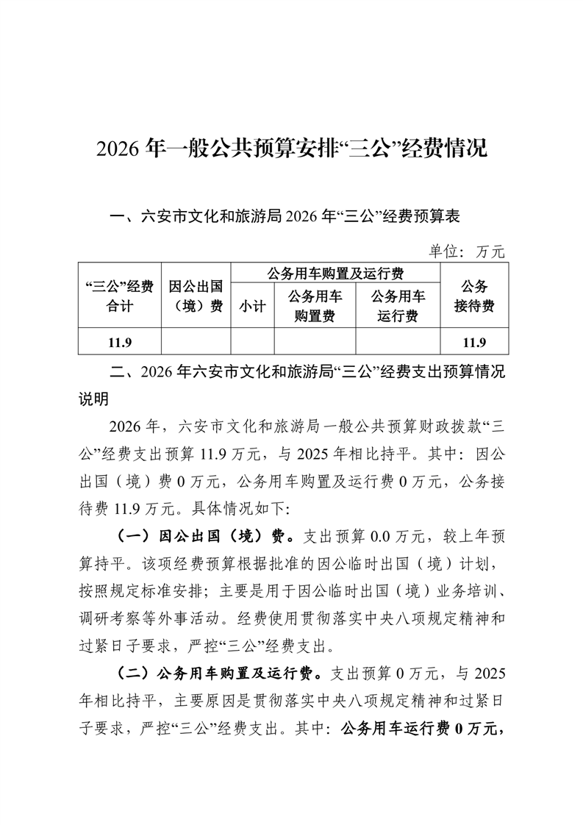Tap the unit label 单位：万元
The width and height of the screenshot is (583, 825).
click(x=468, y=251)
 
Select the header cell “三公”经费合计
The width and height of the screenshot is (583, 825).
click(x=119, y=296)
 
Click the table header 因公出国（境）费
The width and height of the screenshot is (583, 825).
click(x=196, y=296)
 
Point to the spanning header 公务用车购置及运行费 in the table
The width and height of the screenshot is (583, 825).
click(x=335, y=274)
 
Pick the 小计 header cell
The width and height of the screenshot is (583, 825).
click(x=252, y=307)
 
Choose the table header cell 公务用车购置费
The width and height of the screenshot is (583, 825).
click(x=315, y=307)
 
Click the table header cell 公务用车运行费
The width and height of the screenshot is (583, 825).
click(x=398, y=307)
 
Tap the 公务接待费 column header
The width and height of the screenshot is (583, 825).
click(x=473, y=296)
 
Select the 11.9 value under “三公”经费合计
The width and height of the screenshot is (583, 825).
click(x=119, y=342)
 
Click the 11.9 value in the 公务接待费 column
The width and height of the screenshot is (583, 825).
click(x=473, y=342)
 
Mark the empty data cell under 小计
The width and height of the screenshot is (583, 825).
click(x=252, y=342)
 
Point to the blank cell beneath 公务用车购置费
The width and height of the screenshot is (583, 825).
click(x=315, y=342)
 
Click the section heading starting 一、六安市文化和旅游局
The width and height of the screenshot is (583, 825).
click(x=285, y=217)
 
